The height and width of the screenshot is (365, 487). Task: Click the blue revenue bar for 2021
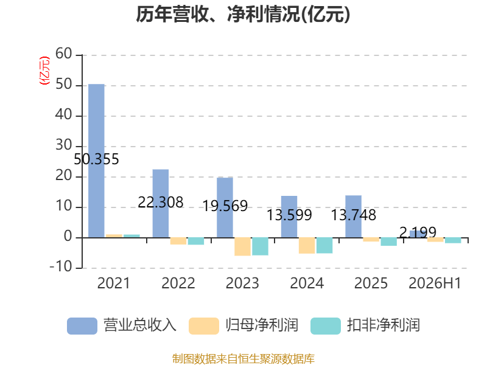tap(96, 161)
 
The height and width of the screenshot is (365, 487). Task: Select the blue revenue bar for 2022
tap(161, 204)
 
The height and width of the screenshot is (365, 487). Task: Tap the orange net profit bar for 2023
tap(242, 247)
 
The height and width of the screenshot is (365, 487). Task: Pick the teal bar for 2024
tap(324, 246)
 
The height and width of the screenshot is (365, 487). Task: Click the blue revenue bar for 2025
tap(354, 217)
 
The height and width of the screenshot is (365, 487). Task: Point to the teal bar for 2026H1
tap(453, 240)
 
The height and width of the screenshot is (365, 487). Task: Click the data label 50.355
tap(96, 159)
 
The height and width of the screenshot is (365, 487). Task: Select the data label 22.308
tap(161, 203)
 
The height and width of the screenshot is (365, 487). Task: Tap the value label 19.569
tap(225, 206)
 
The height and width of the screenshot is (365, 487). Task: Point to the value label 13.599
tap(290, 215)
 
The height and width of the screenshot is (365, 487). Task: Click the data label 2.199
tap(418, 232)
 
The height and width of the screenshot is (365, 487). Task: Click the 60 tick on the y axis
tap(64, 54)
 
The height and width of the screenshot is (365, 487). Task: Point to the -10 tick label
tap(61, 266)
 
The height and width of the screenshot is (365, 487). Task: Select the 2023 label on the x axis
tap(242, 283)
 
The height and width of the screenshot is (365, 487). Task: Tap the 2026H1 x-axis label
tap(435, 283)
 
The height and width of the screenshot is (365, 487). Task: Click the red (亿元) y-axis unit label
tap(44, 71)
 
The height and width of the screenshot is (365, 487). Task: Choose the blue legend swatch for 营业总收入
tap(82, 326)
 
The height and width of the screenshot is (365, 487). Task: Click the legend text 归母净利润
tap(262, 325)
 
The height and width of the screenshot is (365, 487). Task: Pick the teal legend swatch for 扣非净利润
tap(326, 326)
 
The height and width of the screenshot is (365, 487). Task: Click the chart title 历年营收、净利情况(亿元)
tap(243, 14)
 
